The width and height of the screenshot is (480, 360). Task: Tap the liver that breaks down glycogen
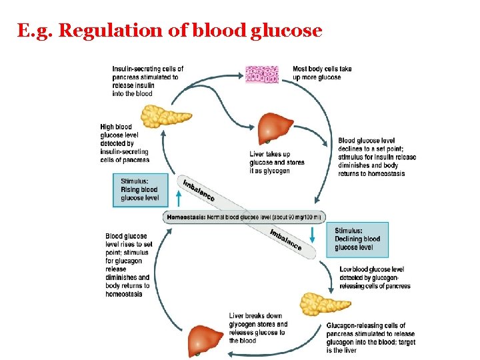tap(205, 340)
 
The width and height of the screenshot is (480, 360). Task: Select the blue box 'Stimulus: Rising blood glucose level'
tap(140, 189)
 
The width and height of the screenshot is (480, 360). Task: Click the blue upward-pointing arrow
tap(178, 197)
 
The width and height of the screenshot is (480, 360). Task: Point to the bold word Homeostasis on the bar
tap(186, 217)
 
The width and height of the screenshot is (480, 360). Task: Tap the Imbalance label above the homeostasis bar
tap(199, 190)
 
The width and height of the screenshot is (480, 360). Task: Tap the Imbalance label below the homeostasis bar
tap(286, 239)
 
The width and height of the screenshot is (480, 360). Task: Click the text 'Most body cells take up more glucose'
tap(322, 73)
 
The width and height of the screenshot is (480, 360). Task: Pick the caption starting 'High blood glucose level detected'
tap(125, 143)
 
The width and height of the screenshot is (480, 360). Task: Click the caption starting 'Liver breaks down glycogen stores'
tap(258, 328)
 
